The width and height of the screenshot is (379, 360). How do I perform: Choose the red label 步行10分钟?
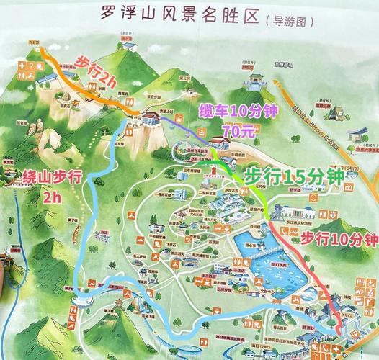point(339,238)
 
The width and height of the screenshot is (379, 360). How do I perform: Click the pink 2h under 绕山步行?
point(51,197)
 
